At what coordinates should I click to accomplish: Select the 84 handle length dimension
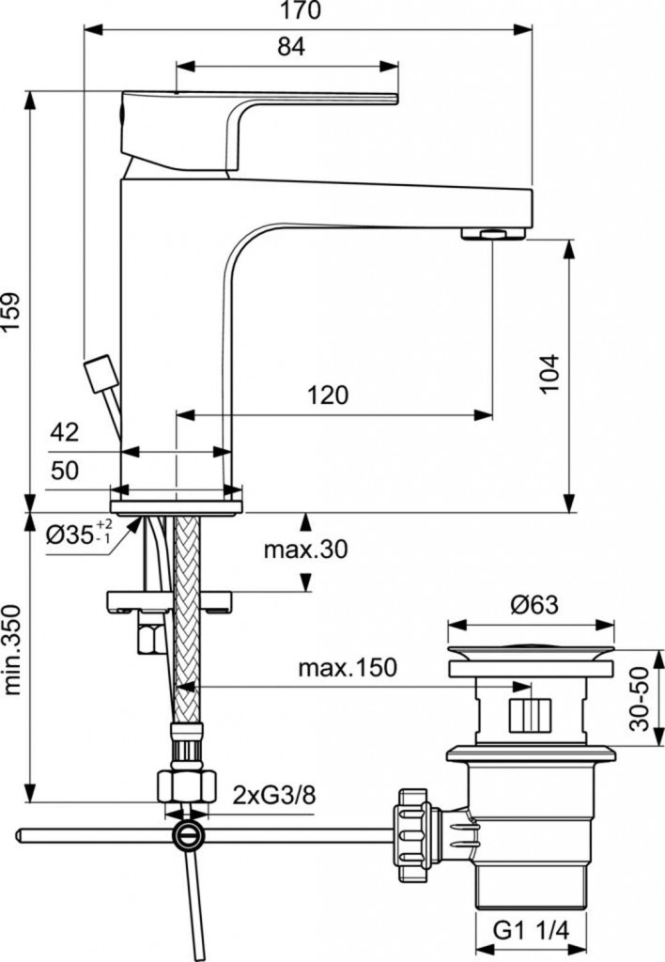(291, 47)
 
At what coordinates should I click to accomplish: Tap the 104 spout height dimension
(551, 373)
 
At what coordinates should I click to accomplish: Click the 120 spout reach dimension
(328, 396)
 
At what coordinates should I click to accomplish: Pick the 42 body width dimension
(65, 432)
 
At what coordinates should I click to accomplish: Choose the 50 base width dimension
(65, 471)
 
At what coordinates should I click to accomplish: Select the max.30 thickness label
(305, 549)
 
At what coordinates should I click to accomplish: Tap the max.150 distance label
(348, 668)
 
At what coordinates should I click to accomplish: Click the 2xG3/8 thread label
(274, 796)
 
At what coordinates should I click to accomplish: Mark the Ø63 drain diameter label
(534, 606)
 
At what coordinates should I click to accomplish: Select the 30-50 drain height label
(642, 699)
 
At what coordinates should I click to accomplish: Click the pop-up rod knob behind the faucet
(101, 374)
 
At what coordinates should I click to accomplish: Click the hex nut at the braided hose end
(187, 786)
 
